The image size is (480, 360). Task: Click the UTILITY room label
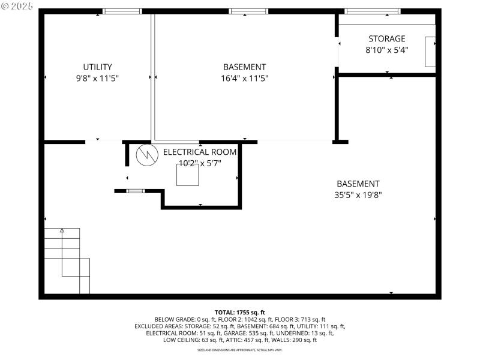point(97,67)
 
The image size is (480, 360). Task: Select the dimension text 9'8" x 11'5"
point(97,78)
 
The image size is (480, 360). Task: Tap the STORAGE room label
point(386,39)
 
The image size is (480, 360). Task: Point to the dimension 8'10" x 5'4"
point(386,50)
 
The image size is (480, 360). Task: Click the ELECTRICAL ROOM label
point(200,152)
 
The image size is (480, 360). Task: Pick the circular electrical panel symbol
point(146,155)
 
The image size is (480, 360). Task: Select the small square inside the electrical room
point(187,175)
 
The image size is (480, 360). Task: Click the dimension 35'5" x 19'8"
point(358,194)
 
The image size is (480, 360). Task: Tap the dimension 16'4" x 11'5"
point(244,78)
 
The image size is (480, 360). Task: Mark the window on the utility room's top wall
point(122,11)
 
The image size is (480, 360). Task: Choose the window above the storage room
point(372,11)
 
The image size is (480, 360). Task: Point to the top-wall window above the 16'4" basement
point(248,11)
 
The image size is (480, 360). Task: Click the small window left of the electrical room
point(136,191)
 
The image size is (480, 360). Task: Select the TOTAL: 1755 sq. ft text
point(240,313)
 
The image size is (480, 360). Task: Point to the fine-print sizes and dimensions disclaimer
point(240,349)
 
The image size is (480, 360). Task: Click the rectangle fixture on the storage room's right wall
point(430,51)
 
